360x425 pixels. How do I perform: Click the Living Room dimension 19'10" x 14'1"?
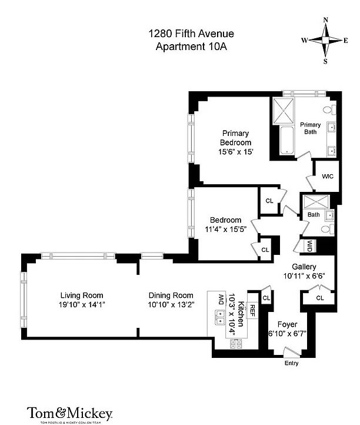click(82, 304)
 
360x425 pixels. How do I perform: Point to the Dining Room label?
click(171, 295)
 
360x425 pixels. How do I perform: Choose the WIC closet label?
click(328, 175)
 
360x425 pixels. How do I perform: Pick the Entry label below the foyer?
click(291, 363)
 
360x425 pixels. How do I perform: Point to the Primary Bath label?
click(311, 128)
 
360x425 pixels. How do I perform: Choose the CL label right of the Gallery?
click(320, 298)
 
